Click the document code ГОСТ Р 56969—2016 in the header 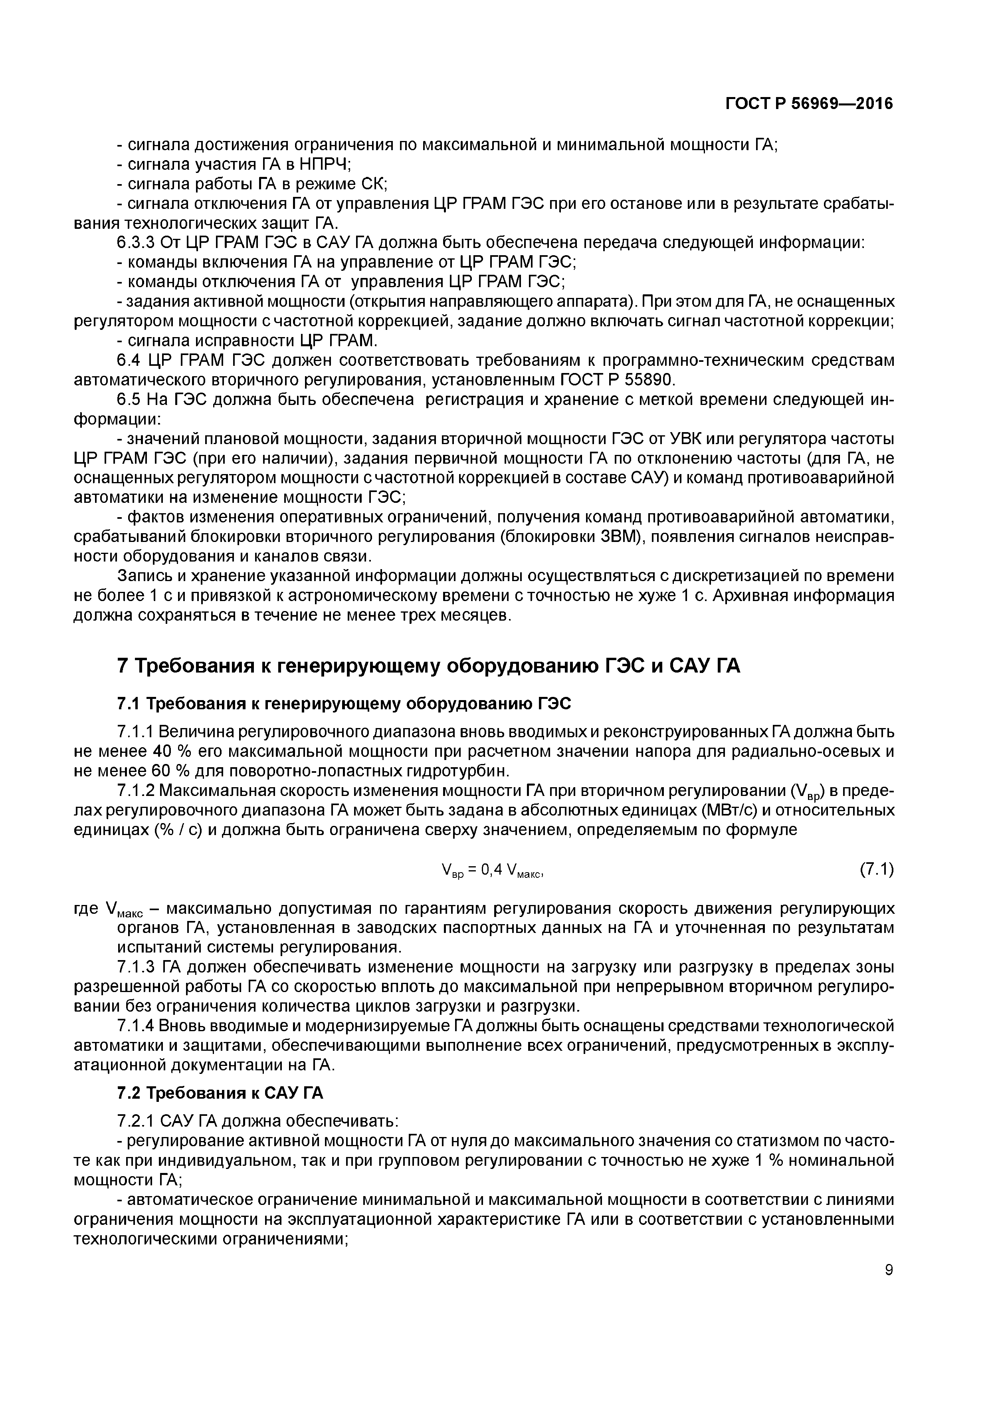(x=809, y=104)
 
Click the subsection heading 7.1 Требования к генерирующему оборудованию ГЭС (x=344, y=704)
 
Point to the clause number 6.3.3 (x=137, y=243)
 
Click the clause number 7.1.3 (x=137, y=967)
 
